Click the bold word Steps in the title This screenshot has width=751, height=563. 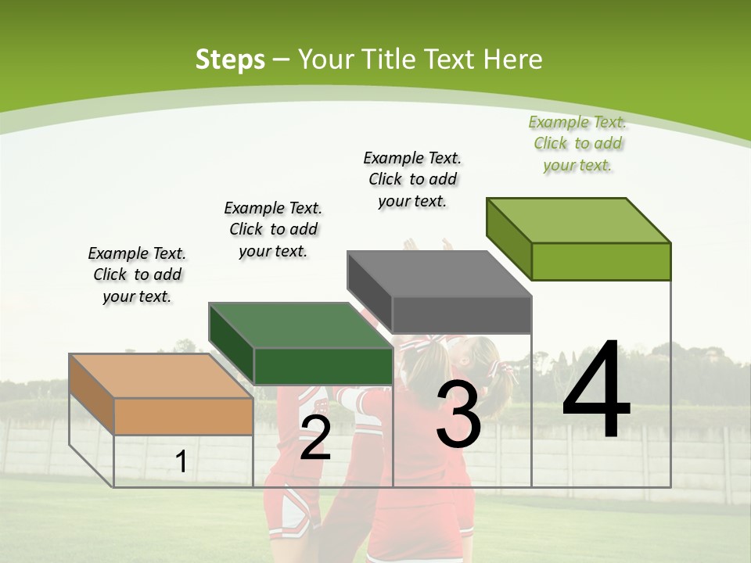coord(230,59)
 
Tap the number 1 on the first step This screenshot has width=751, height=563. coord(181,462)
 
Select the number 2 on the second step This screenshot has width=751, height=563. coord(315,439)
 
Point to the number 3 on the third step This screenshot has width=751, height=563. coord(458,414)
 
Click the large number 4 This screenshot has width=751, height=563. coord(596,391)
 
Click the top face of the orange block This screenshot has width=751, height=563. coord(160,375)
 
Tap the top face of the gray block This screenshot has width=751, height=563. coord(439,274)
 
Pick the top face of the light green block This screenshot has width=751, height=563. coord(578,220)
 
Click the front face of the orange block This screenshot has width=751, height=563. coord(183,416)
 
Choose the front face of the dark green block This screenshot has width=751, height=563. coord(323,366)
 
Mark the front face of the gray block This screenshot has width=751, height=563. coord(462,314)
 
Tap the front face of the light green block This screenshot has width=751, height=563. coord(601,261)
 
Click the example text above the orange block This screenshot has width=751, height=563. coord(137,274)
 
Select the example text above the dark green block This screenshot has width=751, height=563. coord(273,229)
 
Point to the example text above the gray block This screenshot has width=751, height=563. coord(412,179)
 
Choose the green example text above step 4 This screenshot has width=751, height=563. coord(578,143)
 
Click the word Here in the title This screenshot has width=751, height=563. coord(513,59)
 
